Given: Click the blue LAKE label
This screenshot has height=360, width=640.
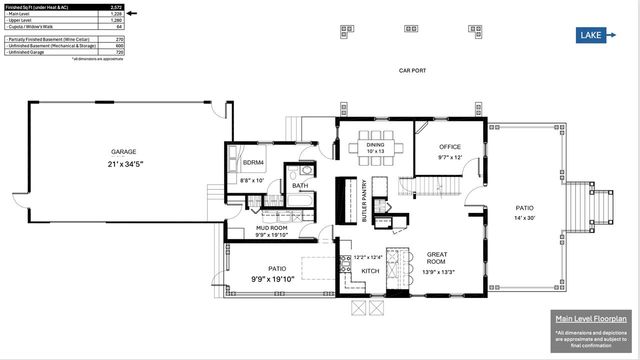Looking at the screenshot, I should click(x=590, y=36).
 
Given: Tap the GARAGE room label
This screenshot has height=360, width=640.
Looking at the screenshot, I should click(x=124, y=152).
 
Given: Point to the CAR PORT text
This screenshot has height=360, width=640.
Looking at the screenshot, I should click(x=413, y=70).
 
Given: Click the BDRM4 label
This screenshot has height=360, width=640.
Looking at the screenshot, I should click(x=253, y=163).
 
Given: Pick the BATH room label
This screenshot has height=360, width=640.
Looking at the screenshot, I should click(x=300, y=186).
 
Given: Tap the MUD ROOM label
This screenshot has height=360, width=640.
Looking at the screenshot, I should click(x=272, y=228).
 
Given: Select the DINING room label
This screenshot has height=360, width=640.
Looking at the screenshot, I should click(x=375, y=144).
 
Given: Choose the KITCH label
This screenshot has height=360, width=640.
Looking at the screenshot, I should click(x=369, y=271).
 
